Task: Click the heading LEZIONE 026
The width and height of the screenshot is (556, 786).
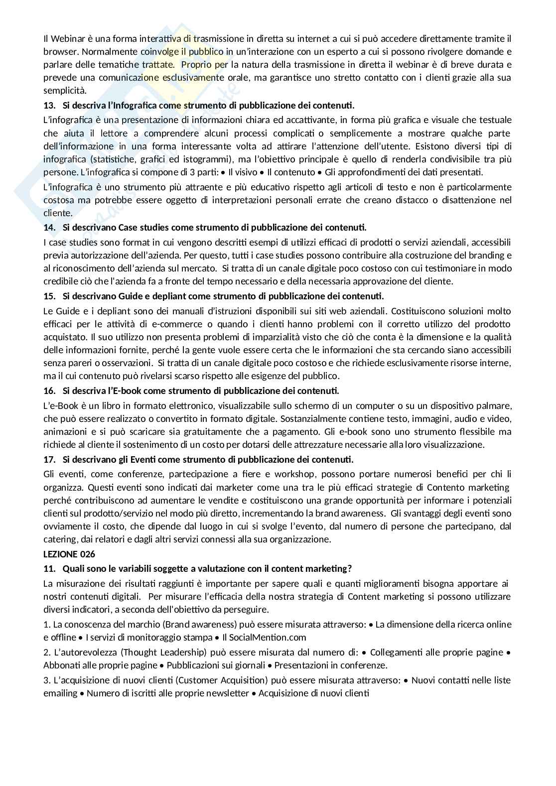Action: coord(69,554)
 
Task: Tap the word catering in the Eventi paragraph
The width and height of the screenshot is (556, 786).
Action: coord(60,539)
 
